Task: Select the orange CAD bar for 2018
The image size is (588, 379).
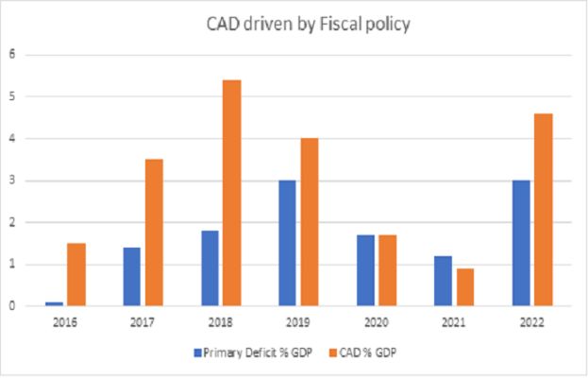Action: point(230,193)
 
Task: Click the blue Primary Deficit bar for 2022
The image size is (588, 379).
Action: point(521,243)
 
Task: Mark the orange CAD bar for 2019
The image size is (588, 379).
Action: point(308,222)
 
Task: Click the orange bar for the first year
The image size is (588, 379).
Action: point(76,274)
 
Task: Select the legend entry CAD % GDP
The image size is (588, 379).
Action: point(380,352)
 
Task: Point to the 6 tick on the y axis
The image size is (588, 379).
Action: point(12,54)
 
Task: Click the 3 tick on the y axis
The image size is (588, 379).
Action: point(12,181)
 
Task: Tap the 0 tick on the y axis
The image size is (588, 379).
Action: point(12,306)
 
